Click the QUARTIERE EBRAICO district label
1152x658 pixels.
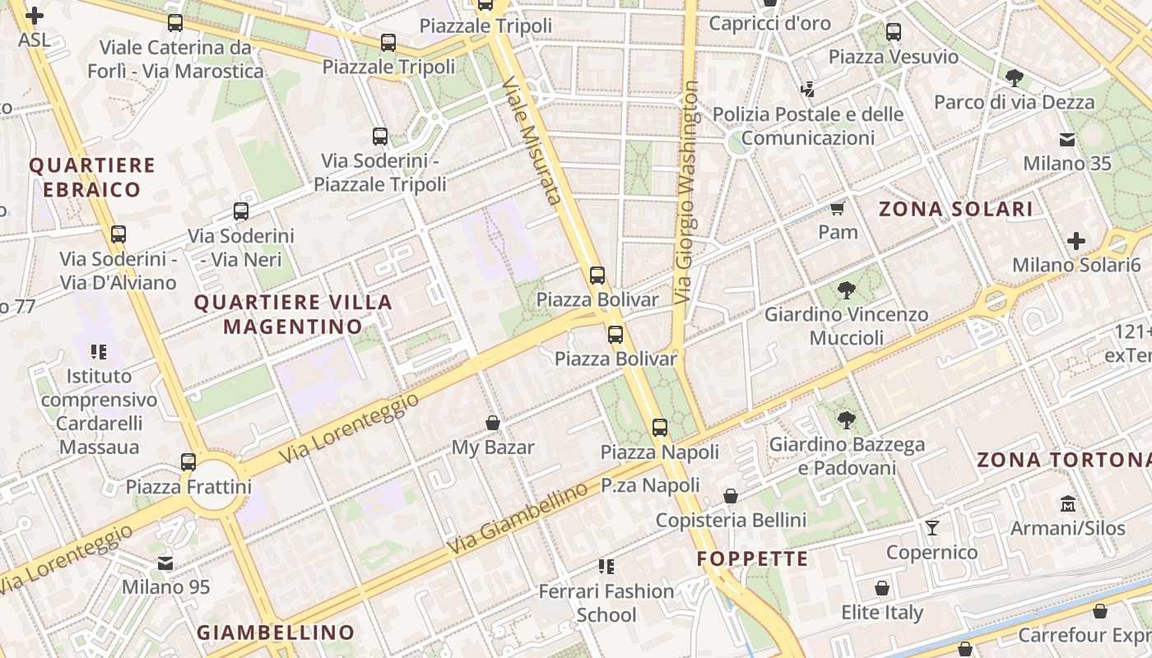pos(92,178)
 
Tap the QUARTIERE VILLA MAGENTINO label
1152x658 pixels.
pos(293,314)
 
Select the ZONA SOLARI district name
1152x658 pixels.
pos(955,209)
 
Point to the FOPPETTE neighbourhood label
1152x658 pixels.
pos(752,559)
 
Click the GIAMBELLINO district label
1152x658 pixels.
pos(276,633)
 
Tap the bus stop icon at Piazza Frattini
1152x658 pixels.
pos(188,461)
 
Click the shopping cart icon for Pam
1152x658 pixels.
pos(838,207)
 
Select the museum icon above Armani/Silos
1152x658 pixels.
pos(1068,503)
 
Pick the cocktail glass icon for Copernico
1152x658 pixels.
pos(931,527)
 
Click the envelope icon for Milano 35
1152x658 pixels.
pos(1067,138)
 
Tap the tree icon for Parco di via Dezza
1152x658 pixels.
pos(1014,78)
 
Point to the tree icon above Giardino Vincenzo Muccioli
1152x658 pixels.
pos(846,290)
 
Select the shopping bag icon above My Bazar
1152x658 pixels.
pos(493,423)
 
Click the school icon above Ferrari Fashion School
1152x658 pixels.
pos(606,566)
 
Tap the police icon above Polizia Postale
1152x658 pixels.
pos(807,89)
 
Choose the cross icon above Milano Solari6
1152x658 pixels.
pos(1075,240)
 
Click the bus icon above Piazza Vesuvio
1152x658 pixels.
pos(893,32)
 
